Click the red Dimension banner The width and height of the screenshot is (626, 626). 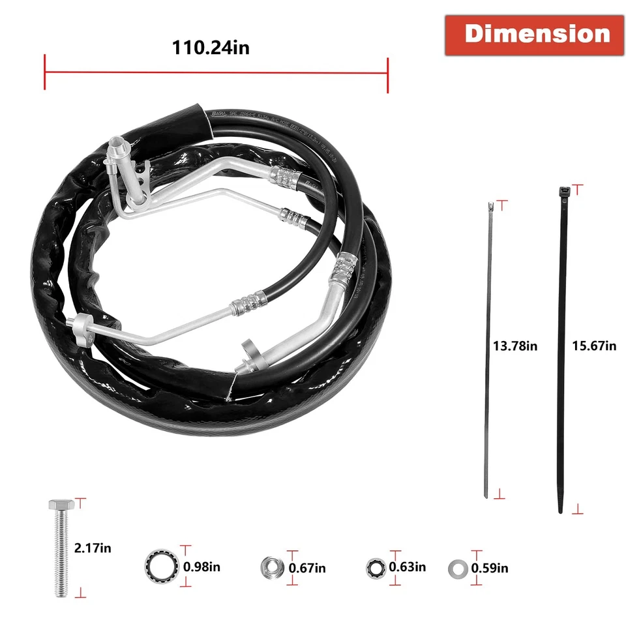(x=537, y=35)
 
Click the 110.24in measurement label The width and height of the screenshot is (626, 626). (x=211, y=47)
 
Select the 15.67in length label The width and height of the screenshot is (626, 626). (x=594, y=346)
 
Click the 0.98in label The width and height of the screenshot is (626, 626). (x=201, y=567)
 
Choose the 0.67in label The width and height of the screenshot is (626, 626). (x=307, y=568)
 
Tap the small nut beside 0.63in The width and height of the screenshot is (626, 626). (x=376, y=567)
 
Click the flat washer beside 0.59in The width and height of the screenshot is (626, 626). (x=458, y=569)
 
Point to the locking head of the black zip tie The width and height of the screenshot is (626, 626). (x=563, y=192)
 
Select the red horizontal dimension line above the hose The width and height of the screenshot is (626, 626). (x=216, y=72)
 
